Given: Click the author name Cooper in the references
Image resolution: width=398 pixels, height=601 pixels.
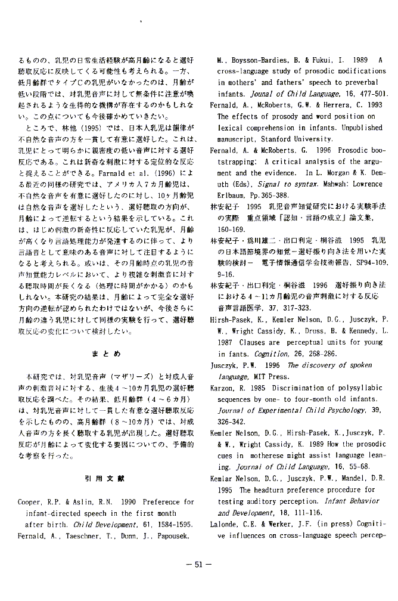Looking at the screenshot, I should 30,503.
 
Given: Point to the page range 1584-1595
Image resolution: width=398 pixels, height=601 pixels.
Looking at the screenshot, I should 173,525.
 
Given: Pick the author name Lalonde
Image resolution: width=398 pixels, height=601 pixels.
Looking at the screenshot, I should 225,524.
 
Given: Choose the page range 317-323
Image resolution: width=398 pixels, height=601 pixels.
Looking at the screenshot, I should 279,308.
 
